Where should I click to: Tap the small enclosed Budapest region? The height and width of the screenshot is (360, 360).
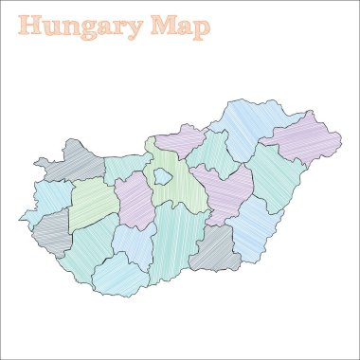point(164,175)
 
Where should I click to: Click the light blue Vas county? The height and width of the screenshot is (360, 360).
point(47,199)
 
